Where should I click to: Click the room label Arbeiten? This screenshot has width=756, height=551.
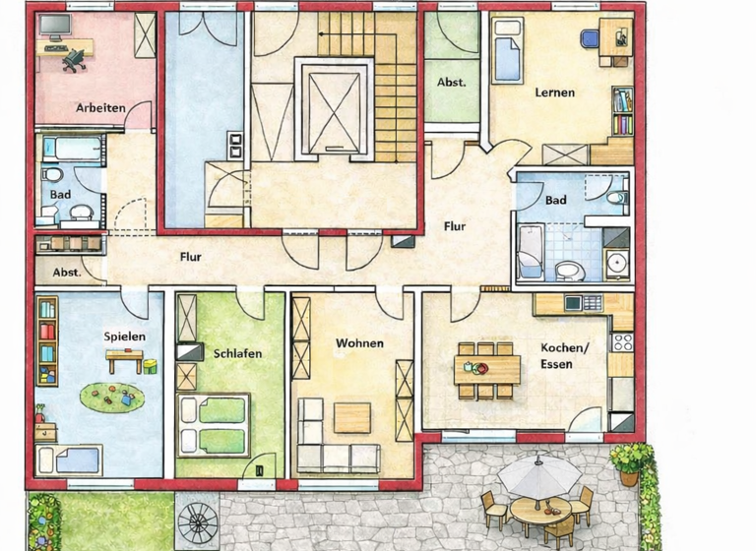click(100, 108)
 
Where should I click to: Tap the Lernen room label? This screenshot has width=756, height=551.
click(554, 93)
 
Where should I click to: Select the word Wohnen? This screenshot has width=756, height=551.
click(359, 343)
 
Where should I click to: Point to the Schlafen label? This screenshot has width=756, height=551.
click(237, 353)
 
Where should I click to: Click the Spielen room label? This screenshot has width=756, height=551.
click(124, 337)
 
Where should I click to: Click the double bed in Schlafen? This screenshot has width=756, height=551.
click(214, 424)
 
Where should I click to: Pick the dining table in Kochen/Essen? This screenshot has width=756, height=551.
click(487, 369)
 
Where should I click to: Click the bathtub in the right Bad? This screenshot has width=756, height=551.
click(531, 251)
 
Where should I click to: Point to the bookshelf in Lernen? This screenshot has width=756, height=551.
click(622, 111)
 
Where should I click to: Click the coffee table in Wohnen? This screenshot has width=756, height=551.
click(351, 417)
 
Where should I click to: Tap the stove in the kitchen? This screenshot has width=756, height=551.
click(621, 342)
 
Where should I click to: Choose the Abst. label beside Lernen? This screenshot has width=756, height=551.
click(452, 83)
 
